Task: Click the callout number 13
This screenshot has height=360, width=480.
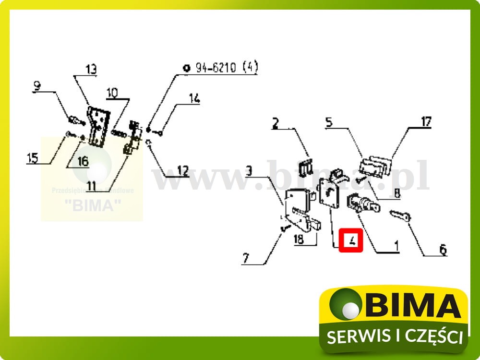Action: (x=91, y=69)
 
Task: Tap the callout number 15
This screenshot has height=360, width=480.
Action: (x=32, y=158)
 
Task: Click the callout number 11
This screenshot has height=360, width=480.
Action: (x=91, y=185)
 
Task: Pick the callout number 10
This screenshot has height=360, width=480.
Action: (x=112, y=93)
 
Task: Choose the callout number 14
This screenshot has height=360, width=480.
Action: (x=194, y=99)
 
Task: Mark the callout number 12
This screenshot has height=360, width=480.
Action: (x=182, y=170)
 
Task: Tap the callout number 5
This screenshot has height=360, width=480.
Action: (x=329, y=122)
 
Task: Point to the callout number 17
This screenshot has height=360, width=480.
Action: (x=426, y=121)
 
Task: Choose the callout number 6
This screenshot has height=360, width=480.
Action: (x=442, y=249)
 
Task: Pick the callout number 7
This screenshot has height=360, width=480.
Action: (x=246, y=259)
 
